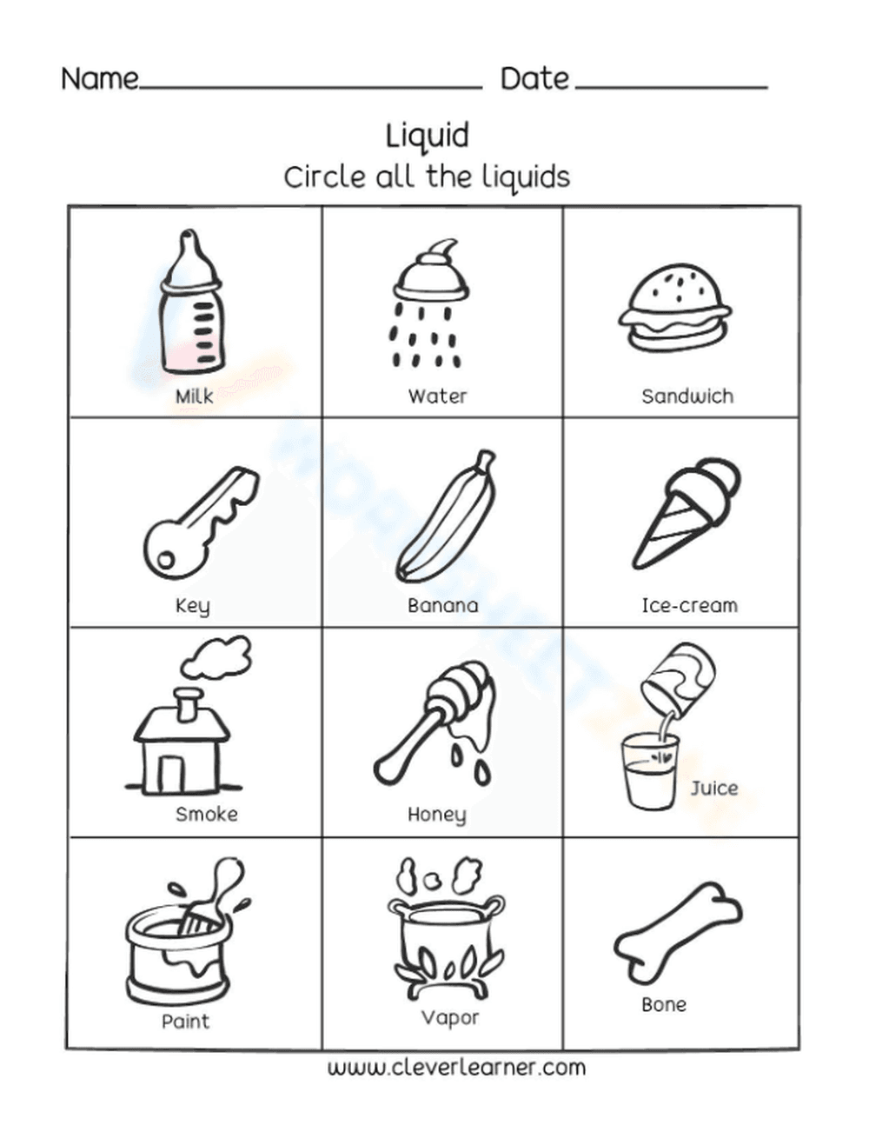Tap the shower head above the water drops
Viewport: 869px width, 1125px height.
click(x=431, y=276)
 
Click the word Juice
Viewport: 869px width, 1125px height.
click(x=714, y=788)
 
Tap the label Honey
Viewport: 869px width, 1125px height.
click(x=436, y=815)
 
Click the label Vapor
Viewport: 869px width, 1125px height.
click(x=449, y=1017)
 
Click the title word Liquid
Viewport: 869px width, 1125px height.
click(x=427, y=136)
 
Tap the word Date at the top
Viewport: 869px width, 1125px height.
click(x=534, y=79)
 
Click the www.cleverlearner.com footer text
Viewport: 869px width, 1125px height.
click(x=456, y=1067)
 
